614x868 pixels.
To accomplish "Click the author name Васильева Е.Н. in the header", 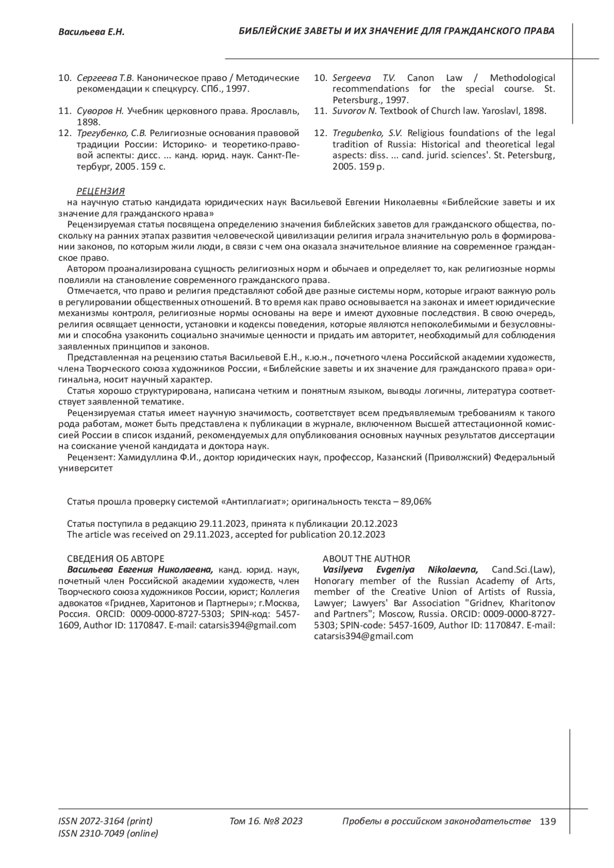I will (x=92, y=32).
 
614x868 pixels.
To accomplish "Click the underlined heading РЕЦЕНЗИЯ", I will (x=100, y=191).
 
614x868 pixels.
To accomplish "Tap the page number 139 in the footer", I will (x=547, y=822).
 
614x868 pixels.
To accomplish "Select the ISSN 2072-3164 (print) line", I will (x=105, y=821).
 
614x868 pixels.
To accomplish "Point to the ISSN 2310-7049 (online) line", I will (x=108, y=834).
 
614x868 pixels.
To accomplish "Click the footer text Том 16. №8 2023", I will (x=266, y=821).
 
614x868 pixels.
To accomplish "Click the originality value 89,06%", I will (x=416, y=502).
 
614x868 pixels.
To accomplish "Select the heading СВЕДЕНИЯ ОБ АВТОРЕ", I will (x=116, y=559).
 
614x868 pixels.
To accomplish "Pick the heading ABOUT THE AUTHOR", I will (x=366, y=559).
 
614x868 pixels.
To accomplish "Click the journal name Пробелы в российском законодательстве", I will (x=436, y=821).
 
